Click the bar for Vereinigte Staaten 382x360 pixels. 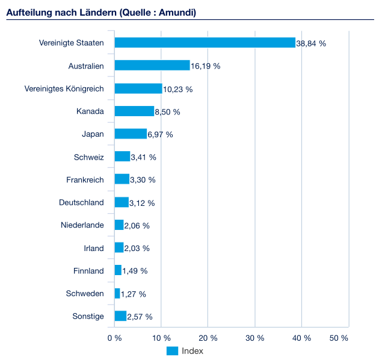pyautogui.click(x=205, y=43)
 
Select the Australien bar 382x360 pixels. pyautogui.click(x=152, y=66)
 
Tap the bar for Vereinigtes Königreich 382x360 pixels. pyautogui.click(x=138, y=88)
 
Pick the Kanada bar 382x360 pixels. pyautogui.click(x=134, y=111)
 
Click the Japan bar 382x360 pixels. pyautogui.click(x=131, y=134)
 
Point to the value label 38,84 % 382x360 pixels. pyautogui.click(x=311, y=44)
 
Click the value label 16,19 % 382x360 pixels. pyautogui.click(x=206, y=66)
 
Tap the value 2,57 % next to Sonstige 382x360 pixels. pyautogui.click(x=140, y=317)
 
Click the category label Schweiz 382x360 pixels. pyautogui.click(x=89, y=157)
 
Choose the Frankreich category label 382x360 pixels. pyautogui.click(x=85, y=179)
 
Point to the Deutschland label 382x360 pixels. pyautogui.click(x=81, y=202)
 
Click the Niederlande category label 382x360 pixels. pyautogui.click(x=82, y=225)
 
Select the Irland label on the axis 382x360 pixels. pyautogui.click(x=94, y=248)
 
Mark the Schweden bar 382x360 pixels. pyautogui.click(x=117, y=293)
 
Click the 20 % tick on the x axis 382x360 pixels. pyautogui.click(x=208, y=338)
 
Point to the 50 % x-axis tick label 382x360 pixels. pyautogui.click(x=339, y=338)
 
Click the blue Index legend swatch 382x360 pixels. pyautogui.click(x=172, y=351)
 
